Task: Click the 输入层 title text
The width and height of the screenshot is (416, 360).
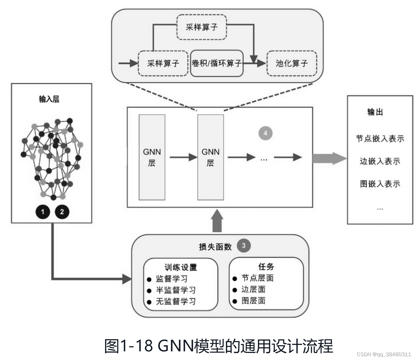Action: click(x=49, y=99)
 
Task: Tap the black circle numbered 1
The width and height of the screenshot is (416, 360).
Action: click(x=43, y=212)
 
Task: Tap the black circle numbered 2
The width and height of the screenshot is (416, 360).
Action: click(x=62, y=212)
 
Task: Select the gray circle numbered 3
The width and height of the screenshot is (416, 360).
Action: click(x=244, y=245)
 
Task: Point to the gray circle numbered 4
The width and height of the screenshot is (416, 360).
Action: click(x=265, y=133)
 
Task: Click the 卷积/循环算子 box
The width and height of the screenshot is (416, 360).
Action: click(x=216, y=63)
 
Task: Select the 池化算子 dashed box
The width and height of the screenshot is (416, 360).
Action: click(x=291, y=63)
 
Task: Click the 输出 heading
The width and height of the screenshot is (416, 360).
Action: click(x=375, y=112)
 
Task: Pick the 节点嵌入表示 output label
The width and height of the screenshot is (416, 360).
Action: click(x=380, y=139)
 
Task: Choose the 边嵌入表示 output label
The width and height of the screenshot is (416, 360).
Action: click(x=380, y=161)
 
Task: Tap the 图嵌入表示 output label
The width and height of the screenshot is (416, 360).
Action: click(x=380, y=184)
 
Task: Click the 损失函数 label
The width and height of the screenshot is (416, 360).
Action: click(x=215, y=247)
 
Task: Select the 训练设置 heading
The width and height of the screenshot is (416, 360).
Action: click(x=181, y=267)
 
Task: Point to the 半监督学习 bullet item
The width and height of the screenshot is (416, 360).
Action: click(x=176, y=290)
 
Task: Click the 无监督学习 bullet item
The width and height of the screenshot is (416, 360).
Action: click(x=176, y=301)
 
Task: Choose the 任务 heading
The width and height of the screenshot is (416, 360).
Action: click(x=266, y=267)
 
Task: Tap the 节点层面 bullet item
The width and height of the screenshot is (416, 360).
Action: click(x=257, y=278)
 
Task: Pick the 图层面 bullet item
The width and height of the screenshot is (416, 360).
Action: click(x=253, y=301)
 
